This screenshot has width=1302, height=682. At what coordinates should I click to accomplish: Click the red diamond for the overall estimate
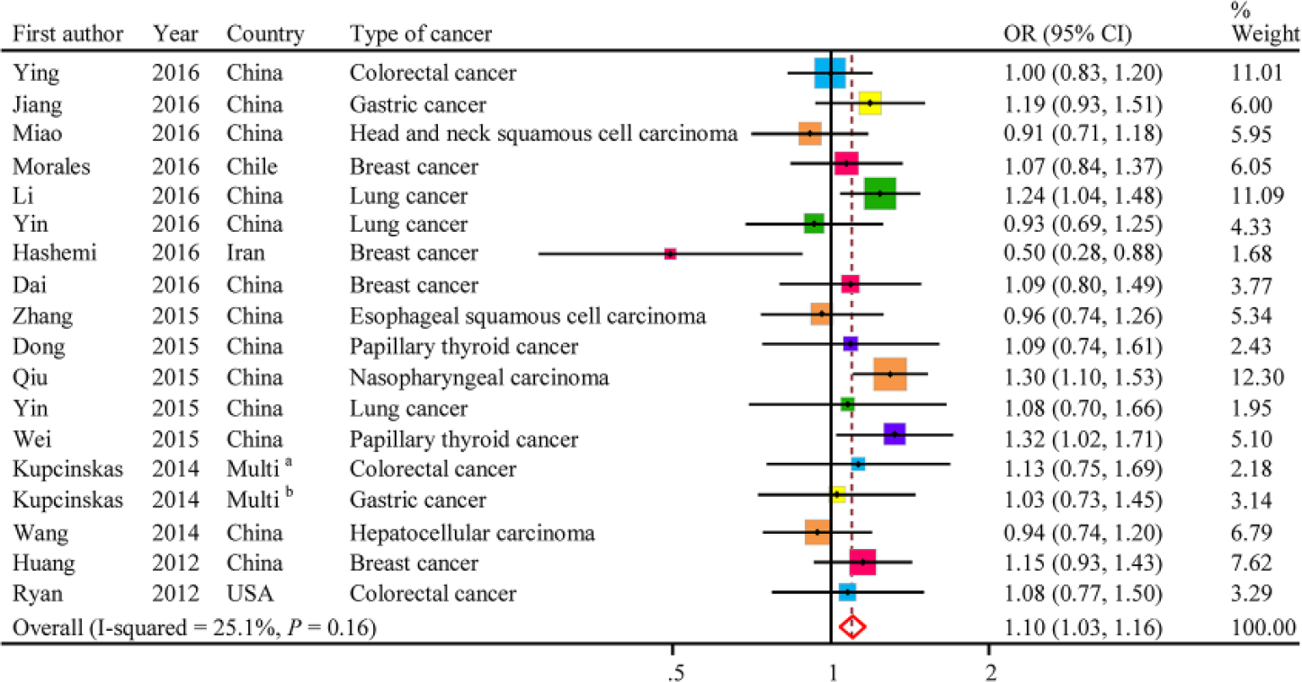point(852,627)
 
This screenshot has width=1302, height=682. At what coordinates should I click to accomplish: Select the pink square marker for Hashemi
point(670,254)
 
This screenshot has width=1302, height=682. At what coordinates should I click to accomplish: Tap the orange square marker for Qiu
point(890,375)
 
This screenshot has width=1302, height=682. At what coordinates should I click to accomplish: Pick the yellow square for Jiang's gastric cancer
point(870,103)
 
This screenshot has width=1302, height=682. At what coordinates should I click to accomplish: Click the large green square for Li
point(880,193)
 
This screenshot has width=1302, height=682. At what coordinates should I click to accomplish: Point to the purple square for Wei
point(895,434)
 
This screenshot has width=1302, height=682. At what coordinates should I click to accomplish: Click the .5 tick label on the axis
point(675,672)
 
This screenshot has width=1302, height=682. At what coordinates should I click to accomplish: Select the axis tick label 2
point(991,672)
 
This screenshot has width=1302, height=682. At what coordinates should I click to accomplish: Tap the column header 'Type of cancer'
point(421,34)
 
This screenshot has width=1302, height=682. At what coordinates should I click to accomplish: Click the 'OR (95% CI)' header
point(1067,34)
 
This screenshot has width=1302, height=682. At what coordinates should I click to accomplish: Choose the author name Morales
point(52,167)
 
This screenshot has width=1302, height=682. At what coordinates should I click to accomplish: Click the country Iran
point(245,253)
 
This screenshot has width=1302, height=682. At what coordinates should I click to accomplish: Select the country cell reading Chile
point(253,167)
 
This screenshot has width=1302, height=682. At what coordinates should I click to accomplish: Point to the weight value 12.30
point(1257,377)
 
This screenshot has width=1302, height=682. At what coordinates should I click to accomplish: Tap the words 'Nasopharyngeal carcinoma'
point(479,377)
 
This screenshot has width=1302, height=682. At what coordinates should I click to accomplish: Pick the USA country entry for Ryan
point(250,594)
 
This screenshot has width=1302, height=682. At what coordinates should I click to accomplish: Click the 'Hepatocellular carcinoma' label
point(473,533)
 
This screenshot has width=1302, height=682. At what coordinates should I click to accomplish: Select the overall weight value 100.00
point(1263,628)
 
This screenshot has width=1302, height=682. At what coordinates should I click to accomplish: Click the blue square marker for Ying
point(830,73)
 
